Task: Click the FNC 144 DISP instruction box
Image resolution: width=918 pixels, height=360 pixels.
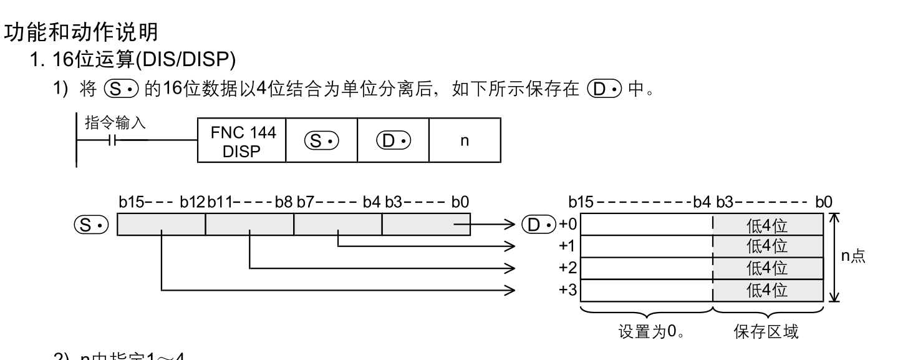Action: pos(241,140)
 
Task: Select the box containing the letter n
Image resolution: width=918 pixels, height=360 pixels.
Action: pos(464,140)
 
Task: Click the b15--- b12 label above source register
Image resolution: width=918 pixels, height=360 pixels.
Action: pos(161,202)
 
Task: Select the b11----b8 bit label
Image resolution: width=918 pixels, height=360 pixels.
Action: pos(249,202)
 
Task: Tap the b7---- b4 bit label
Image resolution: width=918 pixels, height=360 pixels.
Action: pos(338,202)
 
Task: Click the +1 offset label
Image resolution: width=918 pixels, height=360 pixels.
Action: pos(567,246)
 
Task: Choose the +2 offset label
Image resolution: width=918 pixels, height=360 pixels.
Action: pos(567,268)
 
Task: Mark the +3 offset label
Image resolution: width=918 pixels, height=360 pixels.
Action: pos(567,290)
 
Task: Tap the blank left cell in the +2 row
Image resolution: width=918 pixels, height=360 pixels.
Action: pos(646,268)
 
